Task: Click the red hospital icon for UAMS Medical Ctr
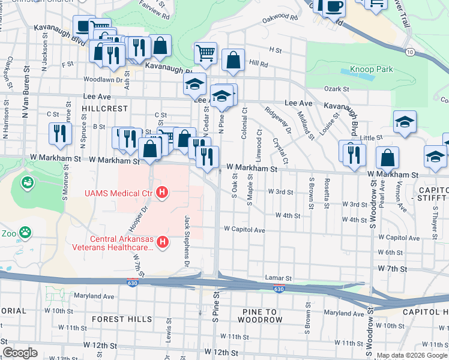(161, 193)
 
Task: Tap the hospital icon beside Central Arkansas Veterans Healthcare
(161, 242)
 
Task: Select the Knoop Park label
(371, 70)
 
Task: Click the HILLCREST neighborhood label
(105, 109)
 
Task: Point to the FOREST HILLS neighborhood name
(122, 319)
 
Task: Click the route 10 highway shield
(409, 52)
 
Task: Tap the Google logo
(20, 353)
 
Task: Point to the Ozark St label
(337, 89)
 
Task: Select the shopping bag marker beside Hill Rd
(232, 61)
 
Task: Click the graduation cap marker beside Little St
(405, 122)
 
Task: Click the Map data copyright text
(411, 355)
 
